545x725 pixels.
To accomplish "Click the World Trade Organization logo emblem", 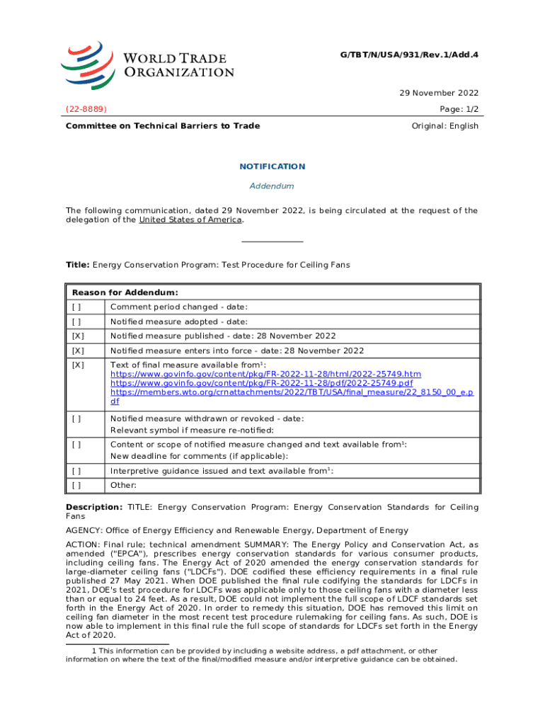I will pos(87,64).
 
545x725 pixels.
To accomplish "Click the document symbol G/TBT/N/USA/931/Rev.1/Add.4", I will pos(411,54).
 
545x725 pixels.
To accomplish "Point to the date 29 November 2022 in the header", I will pos(439,93).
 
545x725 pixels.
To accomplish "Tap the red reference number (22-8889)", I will pos(86,109).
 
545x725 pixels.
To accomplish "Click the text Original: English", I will pos(444,126).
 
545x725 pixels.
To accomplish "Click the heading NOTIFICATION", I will pos(272,166).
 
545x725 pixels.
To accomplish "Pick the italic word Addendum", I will pos(272,186).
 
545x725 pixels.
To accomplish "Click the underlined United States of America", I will pos(190,219).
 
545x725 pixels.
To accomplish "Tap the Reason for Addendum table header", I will pos(125,292).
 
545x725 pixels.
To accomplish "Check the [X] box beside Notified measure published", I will pos(77,336).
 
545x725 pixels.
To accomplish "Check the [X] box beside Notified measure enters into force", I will pos(77,350).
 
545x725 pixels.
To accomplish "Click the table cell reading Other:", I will pos(123,485).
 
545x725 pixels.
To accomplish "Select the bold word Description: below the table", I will pos(94,508).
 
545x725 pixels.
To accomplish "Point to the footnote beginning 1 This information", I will pos(262,655).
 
